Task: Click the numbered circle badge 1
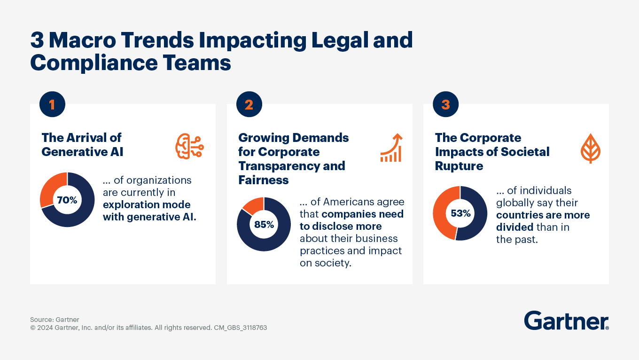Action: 52,104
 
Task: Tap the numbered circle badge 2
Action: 249,104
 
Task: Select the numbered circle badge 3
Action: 445,104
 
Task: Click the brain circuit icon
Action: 189,146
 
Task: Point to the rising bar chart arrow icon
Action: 391,148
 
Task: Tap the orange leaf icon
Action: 591,149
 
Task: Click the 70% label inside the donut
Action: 67,200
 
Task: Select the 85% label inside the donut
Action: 264,224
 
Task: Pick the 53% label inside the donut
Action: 460,213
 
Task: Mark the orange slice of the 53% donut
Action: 441,214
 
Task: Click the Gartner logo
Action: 566,321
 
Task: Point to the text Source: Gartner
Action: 55,320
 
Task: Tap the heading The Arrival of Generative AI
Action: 82,144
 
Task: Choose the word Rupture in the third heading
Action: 459,166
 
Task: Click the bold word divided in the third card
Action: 514,227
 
